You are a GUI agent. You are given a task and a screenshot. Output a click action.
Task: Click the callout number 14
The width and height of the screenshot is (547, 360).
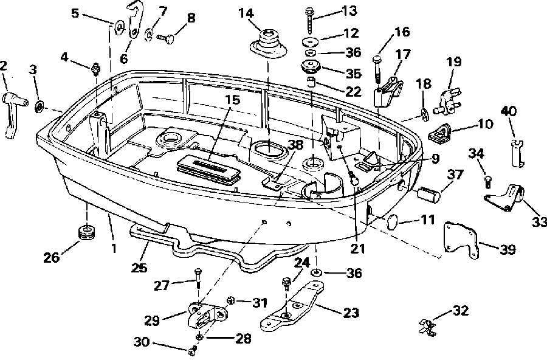pyautogui.click(x=246, y=13)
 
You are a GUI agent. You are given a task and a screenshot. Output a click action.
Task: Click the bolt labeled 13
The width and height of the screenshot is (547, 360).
pyautogui.click(x=310, y=20)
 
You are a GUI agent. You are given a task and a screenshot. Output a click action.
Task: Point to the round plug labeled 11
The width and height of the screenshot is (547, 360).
pyautogui.click(x=393, y=222)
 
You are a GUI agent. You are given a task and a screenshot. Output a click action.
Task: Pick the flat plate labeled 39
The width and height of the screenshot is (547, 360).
pyautogui.click(x=461, y=240)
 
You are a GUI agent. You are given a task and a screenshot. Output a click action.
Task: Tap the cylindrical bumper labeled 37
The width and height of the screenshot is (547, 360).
pyautogui.click(x=428, y=194)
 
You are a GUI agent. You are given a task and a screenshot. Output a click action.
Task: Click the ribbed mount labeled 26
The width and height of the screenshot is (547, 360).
pyautogui.click(x=86, y=232)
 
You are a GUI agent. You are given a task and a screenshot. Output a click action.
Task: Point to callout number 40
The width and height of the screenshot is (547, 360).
pyautogui.click(x=508, y=111)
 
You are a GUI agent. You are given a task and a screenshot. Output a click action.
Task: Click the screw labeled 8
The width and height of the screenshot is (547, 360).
pyautogui.click(x=164, y=38)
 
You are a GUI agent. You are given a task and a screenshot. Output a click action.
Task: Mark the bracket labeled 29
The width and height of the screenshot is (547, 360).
pyautogui.click(x=206, y=316)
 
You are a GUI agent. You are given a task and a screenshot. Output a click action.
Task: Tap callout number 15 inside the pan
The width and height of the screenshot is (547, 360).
pyautogui.click(x=232, y=100)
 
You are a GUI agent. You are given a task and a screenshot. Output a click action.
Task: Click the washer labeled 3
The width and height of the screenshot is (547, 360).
pyautogui.click(x=40, y=106)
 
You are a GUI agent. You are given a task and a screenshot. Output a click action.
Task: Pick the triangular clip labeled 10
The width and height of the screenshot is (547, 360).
pyautogui.click(x=439, y=133)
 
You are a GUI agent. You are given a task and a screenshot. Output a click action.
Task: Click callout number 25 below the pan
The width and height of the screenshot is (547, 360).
pyautogui.click(x=139, y=267)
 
